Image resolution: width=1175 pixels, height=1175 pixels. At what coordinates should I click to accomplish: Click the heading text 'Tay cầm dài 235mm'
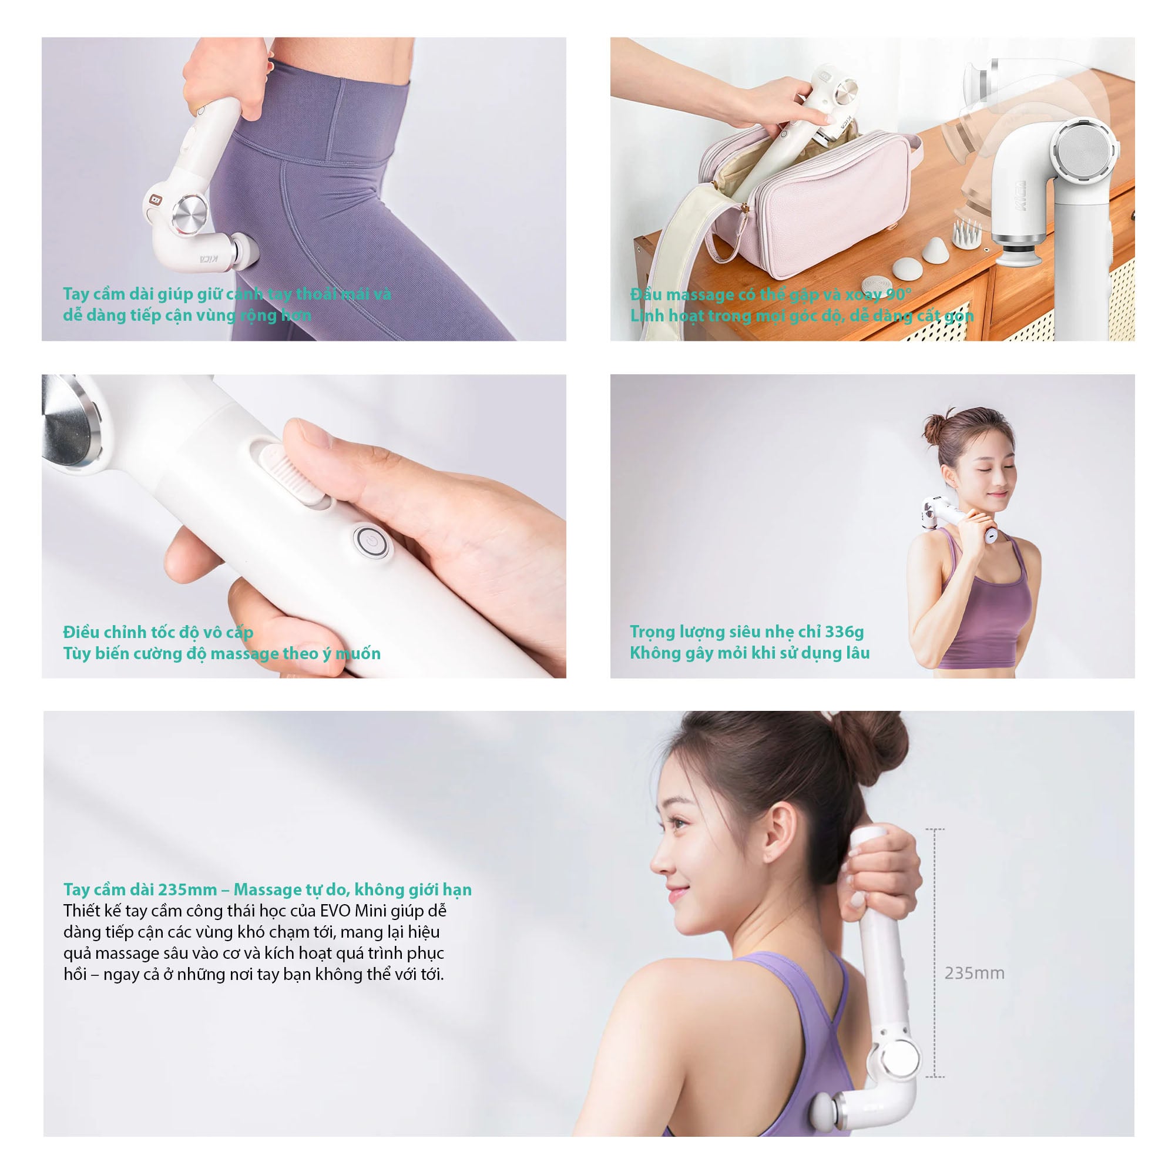pyautogui.click(x=140, y=889)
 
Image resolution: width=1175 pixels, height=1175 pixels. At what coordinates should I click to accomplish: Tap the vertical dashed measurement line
pyautogui.click(x=934, y=953)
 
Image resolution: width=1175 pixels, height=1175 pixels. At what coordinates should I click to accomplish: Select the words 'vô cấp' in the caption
pyautogui.click(x=229, y=632)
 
